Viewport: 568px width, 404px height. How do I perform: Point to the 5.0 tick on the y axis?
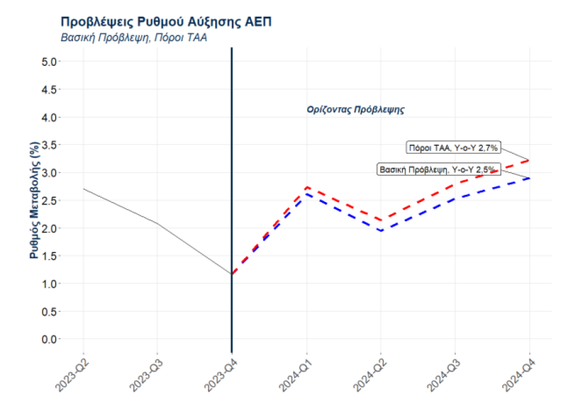(50, 62)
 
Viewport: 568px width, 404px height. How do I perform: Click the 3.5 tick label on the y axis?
(50, 145)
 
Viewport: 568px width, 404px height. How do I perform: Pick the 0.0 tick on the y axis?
(50, 339)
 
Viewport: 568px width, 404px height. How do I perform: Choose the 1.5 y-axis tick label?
(50, 256)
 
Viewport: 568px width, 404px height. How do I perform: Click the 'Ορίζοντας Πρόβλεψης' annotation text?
(356, 110)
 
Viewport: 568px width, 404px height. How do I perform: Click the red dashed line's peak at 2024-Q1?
(307, 187)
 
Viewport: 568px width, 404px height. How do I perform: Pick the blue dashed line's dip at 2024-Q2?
(381, 230)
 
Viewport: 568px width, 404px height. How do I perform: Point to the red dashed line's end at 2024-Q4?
(530, 160)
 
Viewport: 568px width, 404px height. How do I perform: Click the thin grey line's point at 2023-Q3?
(157, 223)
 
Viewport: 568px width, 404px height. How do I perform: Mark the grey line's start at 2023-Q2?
(83, 189)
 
